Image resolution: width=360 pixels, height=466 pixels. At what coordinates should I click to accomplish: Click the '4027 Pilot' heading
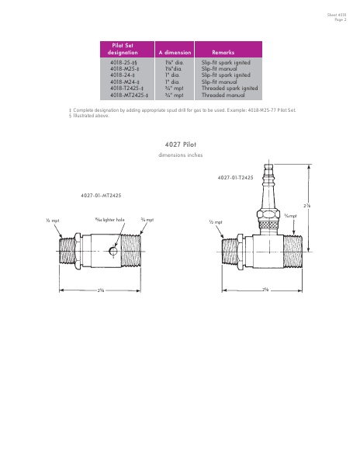click(180, 144)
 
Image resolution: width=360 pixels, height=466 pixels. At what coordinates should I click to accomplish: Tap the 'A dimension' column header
click(175, 52)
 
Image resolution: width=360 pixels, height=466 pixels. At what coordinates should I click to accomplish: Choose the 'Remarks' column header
click(223, 52)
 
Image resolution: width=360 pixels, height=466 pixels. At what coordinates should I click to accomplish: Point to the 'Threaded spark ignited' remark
click(230, 88)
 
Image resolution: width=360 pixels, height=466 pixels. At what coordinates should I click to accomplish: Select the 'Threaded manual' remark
click(223, 95)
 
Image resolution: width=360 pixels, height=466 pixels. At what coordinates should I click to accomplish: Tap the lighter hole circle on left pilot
click(113, 252)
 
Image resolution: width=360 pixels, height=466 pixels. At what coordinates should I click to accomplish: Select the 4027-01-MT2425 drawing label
click(101, 196)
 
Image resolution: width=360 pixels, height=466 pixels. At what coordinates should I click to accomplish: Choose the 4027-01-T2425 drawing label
click(236, 178)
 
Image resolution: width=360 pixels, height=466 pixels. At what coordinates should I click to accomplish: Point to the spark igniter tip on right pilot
click(270, 170)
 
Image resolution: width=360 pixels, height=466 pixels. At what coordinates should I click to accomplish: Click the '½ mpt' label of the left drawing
click(53, 221)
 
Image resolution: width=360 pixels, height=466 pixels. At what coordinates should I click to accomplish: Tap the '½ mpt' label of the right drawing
click(216, 221)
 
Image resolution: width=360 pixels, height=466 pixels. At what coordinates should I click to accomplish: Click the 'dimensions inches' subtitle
click(180, 156)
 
